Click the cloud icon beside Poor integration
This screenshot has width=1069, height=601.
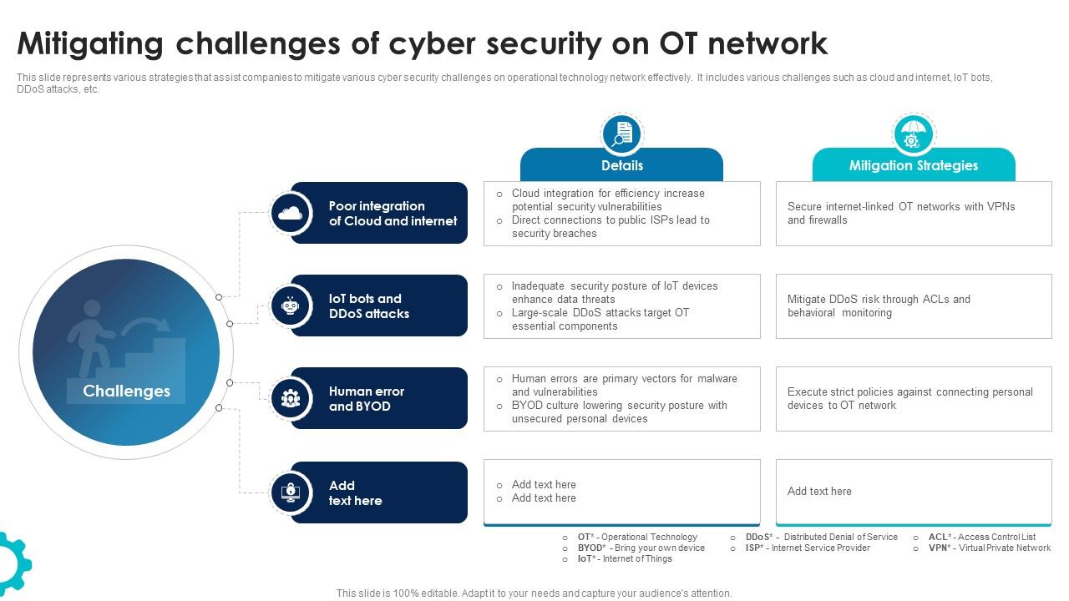[291, 213]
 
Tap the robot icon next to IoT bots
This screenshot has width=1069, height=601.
[291, 306]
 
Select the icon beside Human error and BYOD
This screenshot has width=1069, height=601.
[291, 398]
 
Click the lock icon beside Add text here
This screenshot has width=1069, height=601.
[291, 492]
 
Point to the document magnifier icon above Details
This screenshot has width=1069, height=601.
[621, 134]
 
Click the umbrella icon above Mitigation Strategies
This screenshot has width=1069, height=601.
[913, 134]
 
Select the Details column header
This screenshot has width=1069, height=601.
[621, 165]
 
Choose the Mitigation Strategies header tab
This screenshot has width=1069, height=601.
[913, 165]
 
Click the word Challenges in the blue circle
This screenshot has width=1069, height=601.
[126, 391]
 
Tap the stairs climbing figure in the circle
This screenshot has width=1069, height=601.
[125, 342]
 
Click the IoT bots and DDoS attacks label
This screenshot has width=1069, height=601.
[369, 306]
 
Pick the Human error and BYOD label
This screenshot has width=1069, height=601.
[366, 399]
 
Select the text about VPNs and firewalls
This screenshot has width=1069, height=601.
[900, 214]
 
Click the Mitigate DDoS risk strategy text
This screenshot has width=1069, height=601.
[879, 306]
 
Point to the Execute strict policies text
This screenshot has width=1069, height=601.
[909, 399]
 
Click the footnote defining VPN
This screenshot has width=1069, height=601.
[989, 548]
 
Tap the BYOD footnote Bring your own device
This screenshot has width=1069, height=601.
[641, 548]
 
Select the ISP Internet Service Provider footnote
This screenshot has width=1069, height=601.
[807, 548]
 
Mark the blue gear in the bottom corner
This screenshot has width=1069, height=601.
[12, 564]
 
